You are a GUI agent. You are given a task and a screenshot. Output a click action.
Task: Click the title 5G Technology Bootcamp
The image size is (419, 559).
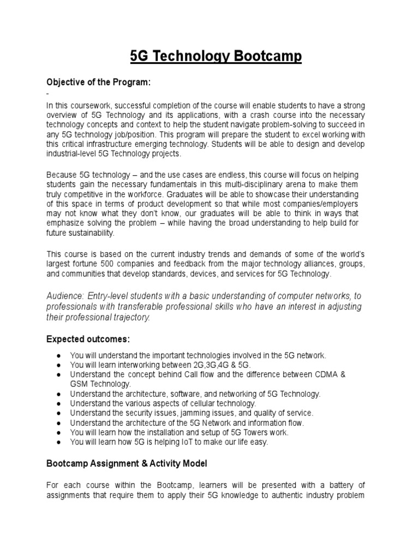[216, 57]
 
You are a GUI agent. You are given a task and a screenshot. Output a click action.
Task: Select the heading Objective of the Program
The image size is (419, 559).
[98, 82]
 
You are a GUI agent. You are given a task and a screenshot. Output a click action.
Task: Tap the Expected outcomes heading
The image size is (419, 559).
[87, 338]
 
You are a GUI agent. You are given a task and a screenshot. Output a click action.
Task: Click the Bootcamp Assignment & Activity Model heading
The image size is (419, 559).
[127, 463]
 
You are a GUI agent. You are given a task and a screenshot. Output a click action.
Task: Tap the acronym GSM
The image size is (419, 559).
[80, 384]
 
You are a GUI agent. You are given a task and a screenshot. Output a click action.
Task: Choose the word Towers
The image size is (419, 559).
[248, 432]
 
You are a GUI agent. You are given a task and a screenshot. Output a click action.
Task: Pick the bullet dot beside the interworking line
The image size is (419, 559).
[58, 365]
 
